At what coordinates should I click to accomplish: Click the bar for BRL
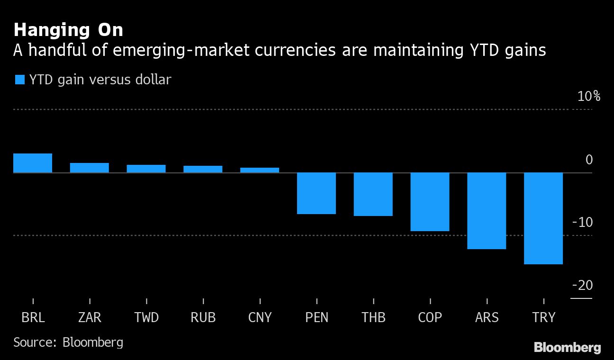click(33, 163)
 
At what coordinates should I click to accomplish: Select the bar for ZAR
click(90, 168)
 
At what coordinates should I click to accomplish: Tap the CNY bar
click(260, 170)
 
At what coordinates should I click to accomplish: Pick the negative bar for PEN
click(316, 193)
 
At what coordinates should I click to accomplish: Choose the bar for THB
click(373, 194)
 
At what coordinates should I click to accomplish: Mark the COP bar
click(430, 202)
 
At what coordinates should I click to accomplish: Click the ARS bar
click(487, 211)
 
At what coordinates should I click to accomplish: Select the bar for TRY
click(543, 218)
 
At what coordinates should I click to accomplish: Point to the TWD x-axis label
click(146, 317)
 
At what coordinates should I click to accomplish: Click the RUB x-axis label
click(203, 317)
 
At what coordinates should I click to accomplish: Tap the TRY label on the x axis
click(543, 317)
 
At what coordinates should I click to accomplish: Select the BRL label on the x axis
click(33, 317)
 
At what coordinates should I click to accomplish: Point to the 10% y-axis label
click(588, 97)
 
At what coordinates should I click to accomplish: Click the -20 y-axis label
click(583, 285)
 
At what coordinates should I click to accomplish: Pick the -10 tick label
click(583, 222)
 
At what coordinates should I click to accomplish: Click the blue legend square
click(19, 80)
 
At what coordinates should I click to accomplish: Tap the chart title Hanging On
click(68, 30)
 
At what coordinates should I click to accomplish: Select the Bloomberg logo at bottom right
click(568, 347)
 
